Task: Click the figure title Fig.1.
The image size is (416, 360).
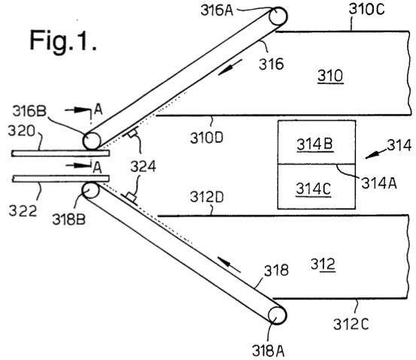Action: pos(63,41)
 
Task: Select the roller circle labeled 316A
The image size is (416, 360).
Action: pos(278,16)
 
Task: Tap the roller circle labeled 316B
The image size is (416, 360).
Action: pos(92,141)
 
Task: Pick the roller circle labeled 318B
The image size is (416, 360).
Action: pos(90,190)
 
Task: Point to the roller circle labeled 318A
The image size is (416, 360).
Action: pos(278,316)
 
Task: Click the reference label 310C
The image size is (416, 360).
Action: pos(366,9)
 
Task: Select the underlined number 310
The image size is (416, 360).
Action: pos(330,76)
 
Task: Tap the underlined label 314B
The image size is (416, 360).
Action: pos(314,144)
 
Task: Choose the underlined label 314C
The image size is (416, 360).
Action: pos(314,189)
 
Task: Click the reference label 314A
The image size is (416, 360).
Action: pos(379,183)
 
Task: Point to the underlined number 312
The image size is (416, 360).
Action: pos(323,265)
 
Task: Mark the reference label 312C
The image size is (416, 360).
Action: pos(351,324)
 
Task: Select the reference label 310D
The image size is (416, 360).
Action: pos(207,138)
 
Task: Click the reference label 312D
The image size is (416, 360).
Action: pos(207,197)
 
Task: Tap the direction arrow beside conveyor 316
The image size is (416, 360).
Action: pos(230,68)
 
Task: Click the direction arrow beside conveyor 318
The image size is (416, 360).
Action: pos(229,265)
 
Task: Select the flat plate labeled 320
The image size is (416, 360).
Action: pos(60,153)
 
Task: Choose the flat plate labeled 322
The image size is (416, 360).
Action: pos(60,179)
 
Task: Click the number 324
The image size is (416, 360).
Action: pos(143,167)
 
